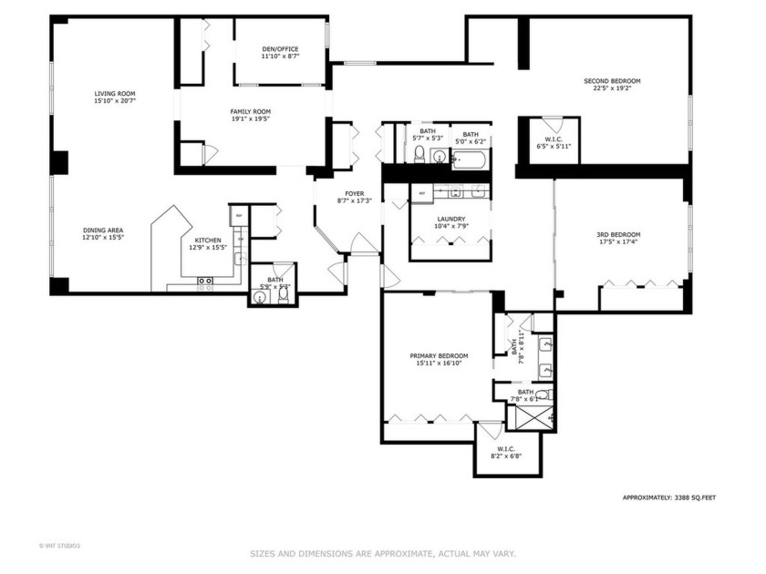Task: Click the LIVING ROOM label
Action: tap(115, 93)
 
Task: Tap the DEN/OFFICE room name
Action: tap(280, 49)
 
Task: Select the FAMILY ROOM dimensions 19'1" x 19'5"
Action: tap(250, 119)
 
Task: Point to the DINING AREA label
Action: tap(103, 231)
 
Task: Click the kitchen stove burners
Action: tap(205, 284)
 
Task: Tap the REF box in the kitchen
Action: tap(237, 216)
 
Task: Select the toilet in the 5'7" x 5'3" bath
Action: tap(419, 154)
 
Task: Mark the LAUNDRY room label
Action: tap(450, 219)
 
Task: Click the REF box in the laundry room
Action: tap(421, 193)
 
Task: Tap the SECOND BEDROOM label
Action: tap(612, 81)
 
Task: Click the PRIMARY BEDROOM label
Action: tap(439, 355)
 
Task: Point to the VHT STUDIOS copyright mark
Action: tap(58, 546)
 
